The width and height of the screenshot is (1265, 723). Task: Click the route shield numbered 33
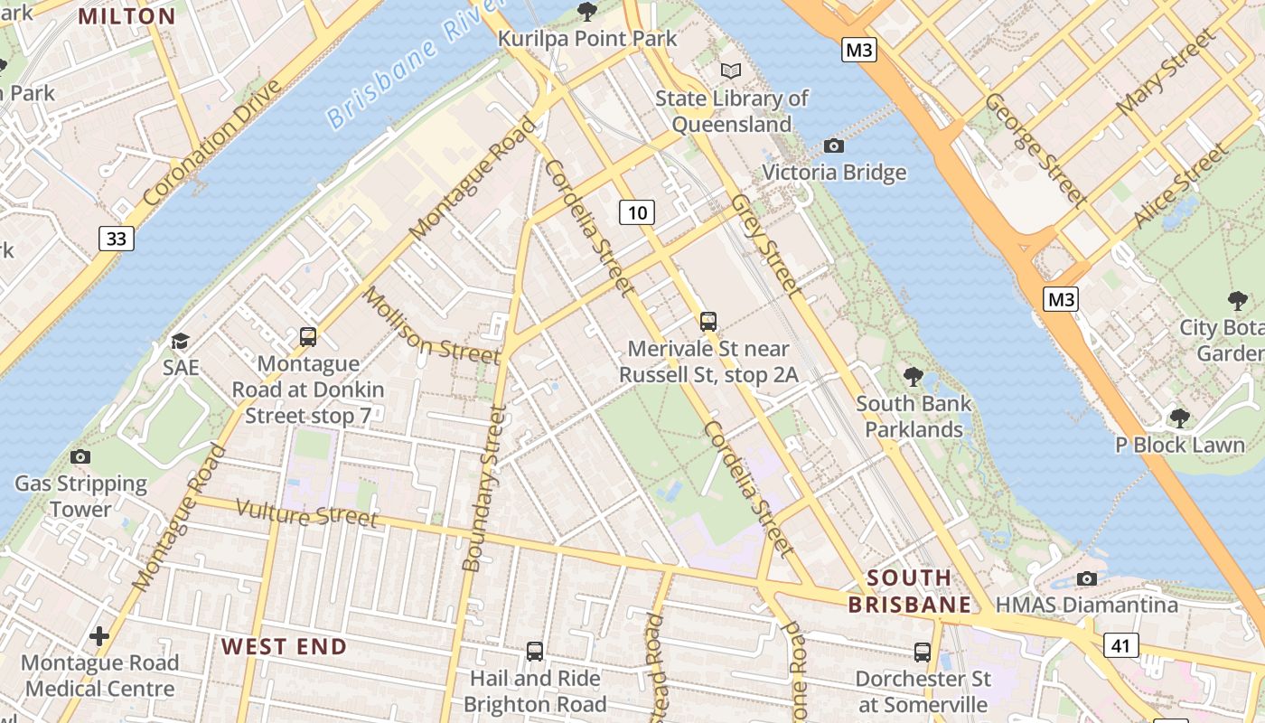(x=116, y=238)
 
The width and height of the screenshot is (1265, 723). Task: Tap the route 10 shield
(x=637, y=212)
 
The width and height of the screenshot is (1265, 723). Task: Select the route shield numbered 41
(x=1120, y=644)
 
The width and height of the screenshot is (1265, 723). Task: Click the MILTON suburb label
(x=126, y=15)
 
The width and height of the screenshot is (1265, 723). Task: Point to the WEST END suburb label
(x=284, y=646)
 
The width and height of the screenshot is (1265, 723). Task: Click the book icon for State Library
(x=731, y=70)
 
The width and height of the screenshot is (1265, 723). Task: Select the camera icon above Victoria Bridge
(x=834, y=146)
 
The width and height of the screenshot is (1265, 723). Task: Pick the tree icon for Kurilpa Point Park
(x=587, y=11)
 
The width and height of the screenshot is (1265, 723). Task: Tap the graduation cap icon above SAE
(x=181, y=341)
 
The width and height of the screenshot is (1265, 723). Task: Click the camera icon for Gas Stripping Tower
(x=80, y=456)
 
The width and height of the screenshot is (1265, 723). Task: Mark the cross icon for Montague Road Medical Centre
(x=99, y=636)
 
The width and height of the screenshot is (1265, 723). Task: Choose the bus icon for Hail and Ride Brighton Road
(x=535, y=651)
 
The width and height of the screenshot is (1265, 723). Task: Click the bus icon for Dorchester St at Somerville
(x=923, y=652)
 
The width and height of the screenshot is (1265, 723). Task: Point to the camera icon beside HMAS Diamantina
(x=1087, y=578)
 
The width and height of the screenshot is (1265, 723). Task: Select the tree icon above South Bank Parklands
(x=914, y=376)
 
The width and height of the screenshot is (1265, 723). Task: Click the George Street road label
(x=1034, y=148)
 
